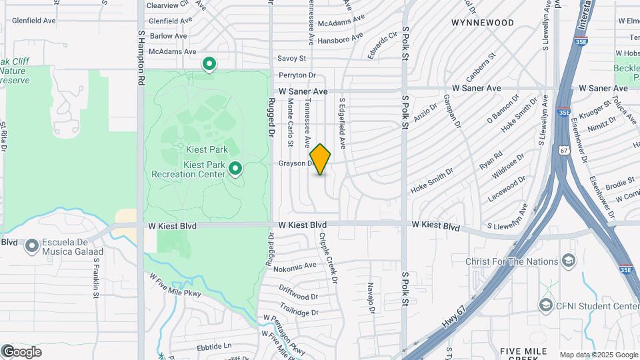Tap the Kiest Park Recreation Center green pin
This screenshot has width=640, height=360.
click(x=235, y=169)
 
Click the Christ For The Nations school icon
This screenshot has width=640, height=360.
click(x=569, y=260)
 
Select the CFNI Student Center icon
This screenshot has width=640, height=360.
click(x=546, y=305)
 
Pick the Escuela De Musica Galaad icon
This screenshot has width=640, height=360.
click(x=31, y=247)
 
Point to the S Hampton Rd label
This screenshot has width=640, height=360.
click(x=141, y=56)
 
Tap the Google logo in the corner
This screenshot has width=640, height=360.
click(x=21, y=352)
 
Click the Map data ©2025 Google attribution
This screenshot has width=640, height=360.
click(x=599, y=355)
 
